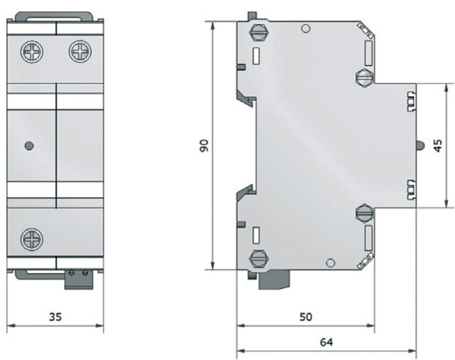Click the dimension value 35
(x=54, y=316)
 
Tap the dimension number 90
(x=203, y=146)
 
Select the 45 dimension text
(x=438, y=145)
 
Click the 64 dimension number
(x=326, y=341)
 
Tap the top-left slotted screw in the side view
(x=258, y=33)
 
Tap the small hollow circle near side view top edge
(x=305, y=29)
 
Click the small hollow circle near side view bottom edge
(x=328, y=263)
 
